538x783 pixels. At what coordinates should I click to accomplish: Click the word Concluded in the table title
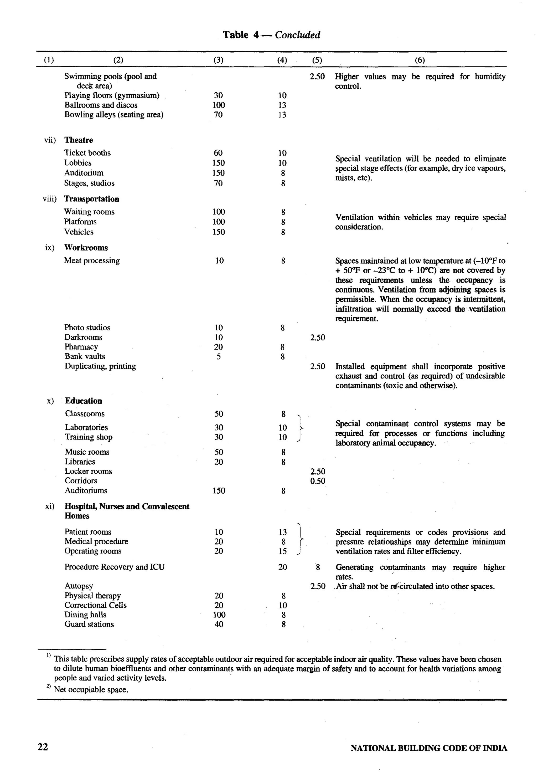297,35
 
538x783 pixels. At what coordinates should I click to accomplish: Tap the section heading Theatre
79,140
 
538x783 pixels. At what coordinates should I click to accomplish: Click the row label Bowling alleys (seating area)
114,115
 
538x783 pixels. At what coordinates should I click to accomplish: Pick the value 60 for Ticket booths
218,153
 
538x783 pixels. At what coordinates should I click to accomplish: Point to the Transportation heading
92,199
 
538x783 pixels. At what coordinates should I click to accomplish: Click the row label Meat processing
92,261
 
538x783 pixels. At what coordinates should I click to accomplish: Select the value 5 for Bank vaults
219,356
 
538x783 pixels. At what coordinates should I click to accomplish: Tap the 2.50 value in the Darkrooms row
317,337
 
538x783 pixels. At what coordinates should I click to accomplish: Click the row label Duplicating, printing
100,366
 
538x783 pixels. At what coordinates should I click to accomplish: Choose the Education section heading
83,401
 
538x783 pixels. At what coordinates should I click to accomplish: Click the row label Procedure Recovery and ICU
114,567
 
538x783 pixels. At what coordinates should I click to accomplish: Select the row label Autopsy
79,586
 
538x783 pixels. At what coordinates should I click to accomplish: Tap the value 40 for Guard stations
219,624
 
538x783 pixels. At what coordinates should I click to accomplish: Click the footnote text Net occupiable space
91,690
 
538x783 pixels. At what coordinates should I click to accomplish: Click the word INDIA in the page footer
495,748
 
